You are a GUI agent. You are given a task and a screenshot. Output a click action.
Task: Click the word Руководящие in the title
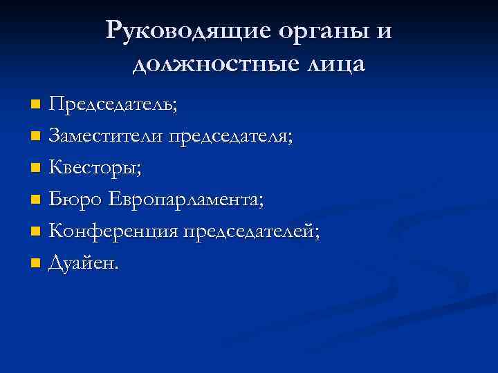[x=188, y=30]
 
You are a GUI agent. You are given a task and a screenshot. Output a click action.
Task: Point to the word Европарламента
[x=187, y=200]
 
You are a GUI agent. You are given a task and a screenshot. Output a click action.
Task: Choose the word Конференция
[x=113, y=231]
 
